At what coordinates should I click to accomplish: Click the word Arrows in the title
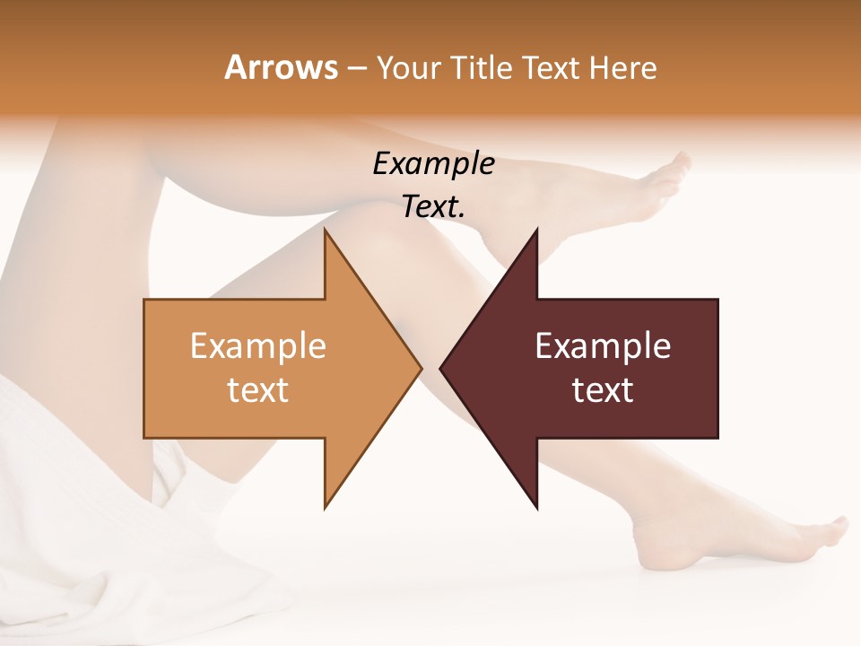pyautogui.click(x=281, y=67)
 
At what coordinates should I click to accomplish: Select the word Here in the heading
pyautogui.click(x=622, y=68)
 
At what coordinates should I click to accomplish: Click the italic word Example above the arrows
pyautogui.click(x=433, y=163)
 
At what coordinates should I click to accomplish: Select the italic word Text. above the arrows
pyautogui.click(x=433, y=206)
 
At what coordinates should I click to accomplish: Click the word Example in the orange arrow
pyautogui.click(x=257, y=345)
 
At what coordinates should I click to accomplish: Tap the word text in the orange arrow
pyautogui.click(x=257, y=390)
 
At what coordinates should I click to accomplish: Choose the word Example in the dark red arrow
pyautogui.click(x=603, y=345)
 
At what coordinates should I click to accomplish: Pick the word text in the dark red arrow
pyautogui.click(x=603, y=390)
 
